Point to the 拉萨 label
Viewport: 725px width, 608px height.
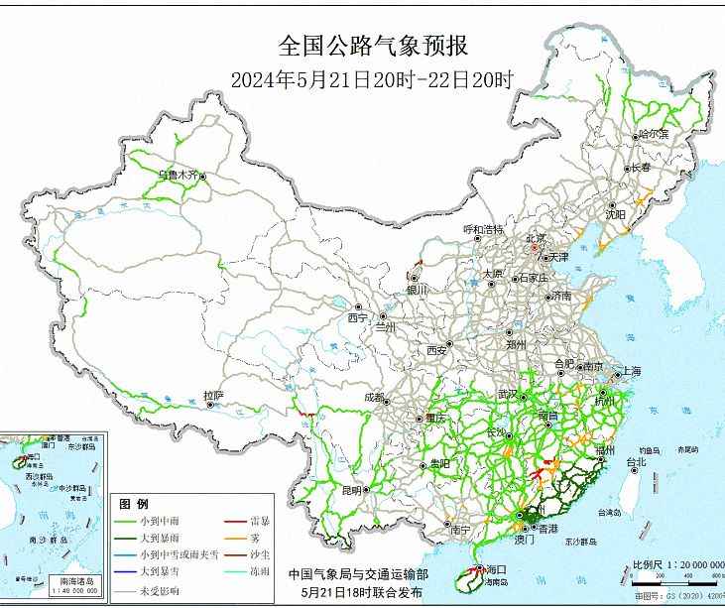click(213, 396)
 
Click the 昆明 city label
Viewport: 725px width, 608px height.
click(351, 489)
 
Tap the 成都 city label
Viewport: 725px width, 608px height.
click(374, 397)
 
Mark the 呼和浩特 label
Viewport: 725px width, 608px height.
click(484, 229)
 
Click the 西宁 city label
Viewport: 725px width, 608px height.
click(357, 317)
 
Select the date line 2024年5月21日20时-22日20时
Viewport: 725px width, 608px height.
click(371, 80)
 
